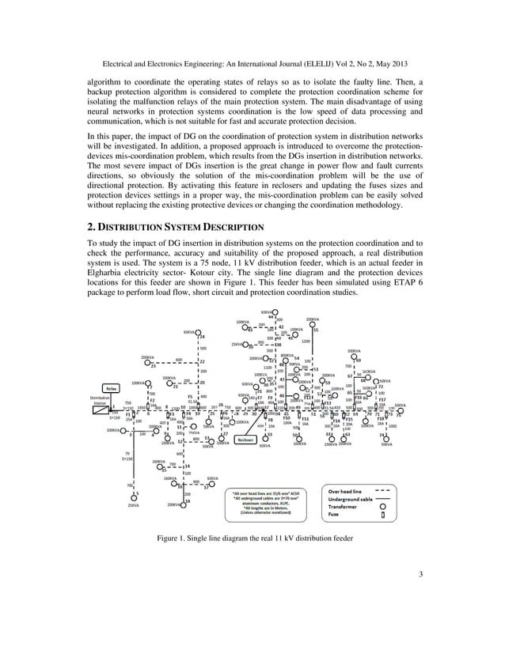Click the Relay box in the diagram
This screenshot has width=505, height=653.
pyautogui.click(x=112, y=389)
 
